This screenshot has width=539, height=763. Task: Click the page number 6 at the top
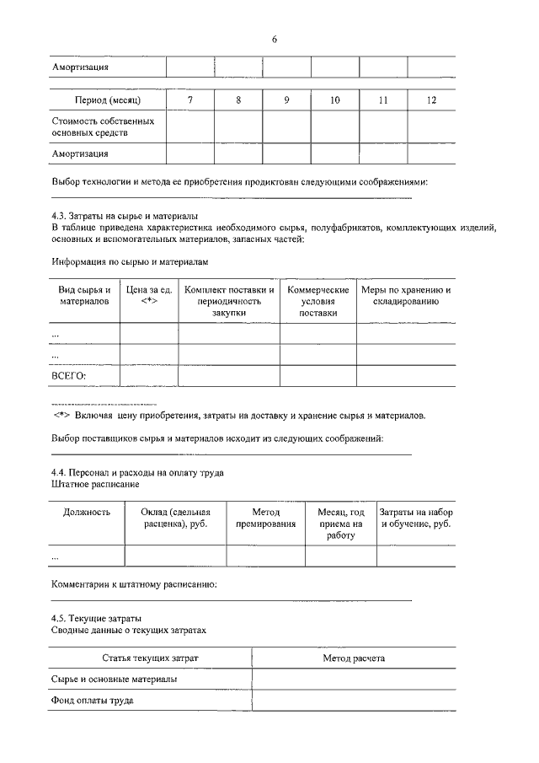pos(275,40)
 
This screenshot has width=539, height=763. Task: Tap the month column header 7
pos(189,101)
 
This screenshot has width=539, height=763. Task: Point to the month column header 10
pos(334,101)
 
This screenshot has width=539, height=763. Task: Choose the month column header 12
pos(431,101)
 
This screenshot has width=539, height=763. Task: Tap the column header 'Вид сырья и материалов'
pos(84,296)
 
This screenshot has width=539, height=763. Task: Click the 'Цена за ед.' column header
pos(149,296)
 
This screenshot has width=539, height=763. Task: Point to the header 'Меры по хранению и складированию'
pos(407,296)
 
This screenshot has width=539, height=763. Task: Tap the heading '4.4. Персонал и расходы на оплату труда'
pos(136,473)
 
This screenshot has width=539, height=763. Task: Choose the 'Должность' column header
pos(87,512)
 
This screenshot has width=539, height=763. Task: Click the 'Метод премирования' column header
pos(265,518)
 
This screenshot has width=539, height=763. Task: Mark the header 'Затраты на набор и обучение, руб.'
pos(416,518)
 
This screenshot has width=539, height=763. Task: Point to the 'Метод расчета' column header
pos(354,658)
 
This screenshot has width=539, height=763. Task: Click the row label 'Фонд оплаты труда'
pos(93,701)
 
